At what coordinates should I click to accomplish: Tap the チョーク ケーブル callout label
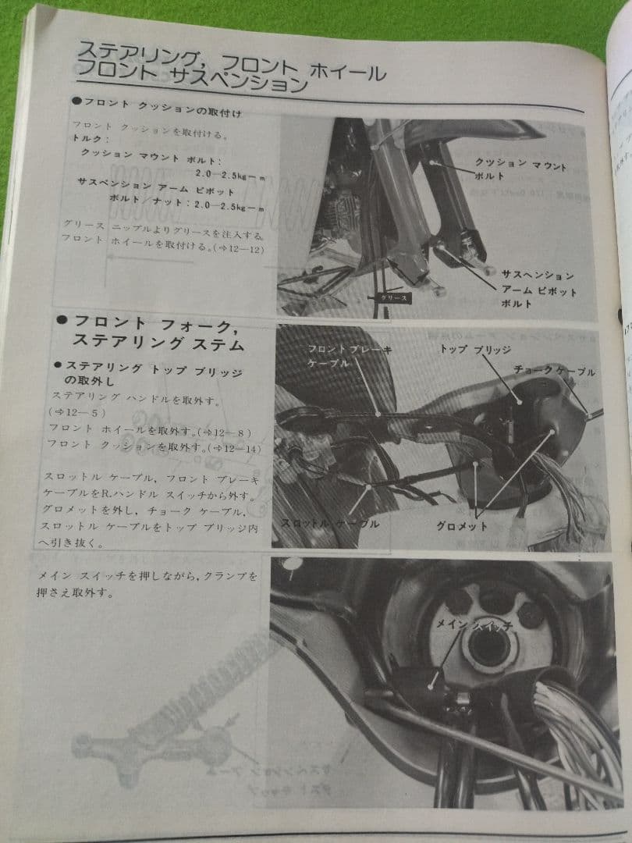[555, 372]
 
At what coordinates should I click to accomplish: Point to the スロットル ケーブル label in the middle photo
[329, 524]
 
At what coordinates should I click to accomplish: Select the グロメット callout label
[462, 527]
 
